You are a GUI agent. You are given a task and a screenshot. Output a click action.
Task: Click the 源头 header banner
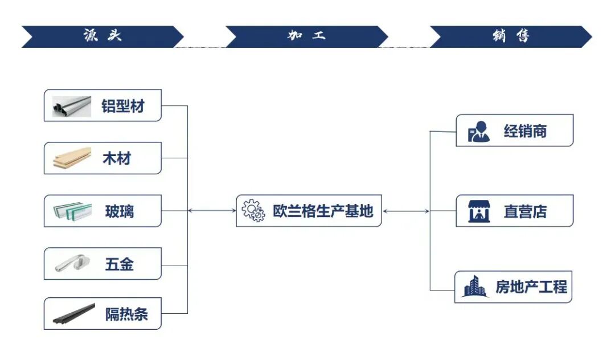pyautogui.click(x=102, y=36)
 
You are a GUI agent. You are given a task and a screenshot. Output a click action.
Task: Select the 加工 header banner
pyautogui.click(x=306, y=36)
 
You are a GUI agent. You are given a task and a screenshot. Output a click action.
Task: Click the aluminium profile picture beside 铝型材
pyautogui.click(x=72, y=106)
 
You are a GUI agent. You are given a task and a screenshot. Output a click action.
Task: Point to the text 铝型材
pyautogui.click(x=123, y=106)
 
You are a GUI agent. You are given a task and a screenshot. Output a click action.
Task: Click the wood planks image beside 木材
pyautogui.click(x=72, y=158)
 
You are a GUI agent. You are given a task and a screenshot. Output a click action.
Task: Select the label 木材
pyautogui.click(x=117, y=158)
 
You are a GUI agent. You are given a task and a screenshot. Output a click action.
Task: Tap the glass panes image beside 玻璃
pyautogui.click(x=72, y=211)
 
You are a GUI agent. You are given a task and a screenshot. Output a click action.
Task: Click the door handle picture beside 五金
pyautogui.click(x=72, y=264)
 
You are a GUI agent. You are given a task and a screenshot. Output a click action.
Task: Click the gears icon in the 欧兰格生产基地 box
pyautogui.click(x=253, y=211)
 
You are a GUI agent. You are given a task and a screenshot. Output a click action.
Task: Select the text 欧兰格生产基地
pyautogui.click(x=323, y=211)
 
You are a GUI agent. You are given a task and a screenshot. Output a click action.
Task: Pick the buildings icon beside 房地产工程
pyautogui.click(x=474, y=287)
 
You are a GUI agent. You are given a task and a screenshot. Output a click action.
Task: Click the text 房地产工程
pyautogui.click(x=531, y=287)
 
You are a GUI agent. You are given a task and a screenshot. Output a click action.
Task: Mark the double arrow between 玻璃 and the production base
pyautogui.click(x=211, y=211)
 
